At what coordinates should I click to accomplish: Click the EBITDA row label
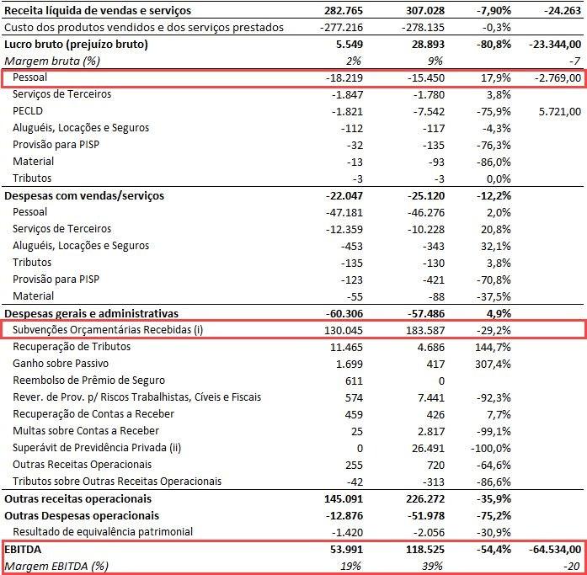(23, 549)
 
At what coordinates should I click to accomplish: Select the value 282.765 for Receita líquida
(344, 10)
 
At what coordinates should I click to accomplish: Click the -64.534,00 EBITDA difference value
(555, 550)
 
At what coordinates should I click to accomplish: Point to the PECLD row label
(28, 111)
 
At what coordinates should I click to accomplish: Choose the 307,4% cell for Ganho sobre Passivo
(493, 364)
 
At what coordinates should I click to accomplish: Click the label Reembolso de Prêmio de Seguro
(88, 381)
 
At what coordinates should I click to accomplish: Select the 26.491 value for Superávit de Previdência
(428, 448)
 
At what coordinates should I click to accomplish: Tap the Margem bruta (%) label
(52, 61)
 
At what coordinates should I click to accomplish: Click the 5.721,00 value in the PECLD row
(560, 111)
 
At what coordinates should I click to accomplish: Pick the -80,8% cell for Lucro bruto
(494, 44)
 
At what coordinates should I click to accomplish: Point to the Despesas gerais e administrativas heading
(91, 313)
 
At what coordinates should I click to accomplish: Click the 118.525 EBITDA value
(425, 550)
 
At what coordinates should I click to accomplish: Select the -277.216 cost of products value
(341, 27)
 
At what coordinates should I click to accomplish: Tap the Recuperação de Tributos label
(72, 347)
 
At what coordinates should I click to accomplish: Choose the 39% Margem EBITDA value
(433, 567)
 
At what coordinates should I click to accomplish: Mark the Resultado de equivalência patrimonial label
(103, 532)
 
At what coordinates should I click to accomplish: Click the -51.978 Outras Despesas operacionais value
(425, 516)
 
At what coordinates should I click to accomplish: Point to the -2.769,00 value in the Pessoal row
(558, 77)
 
